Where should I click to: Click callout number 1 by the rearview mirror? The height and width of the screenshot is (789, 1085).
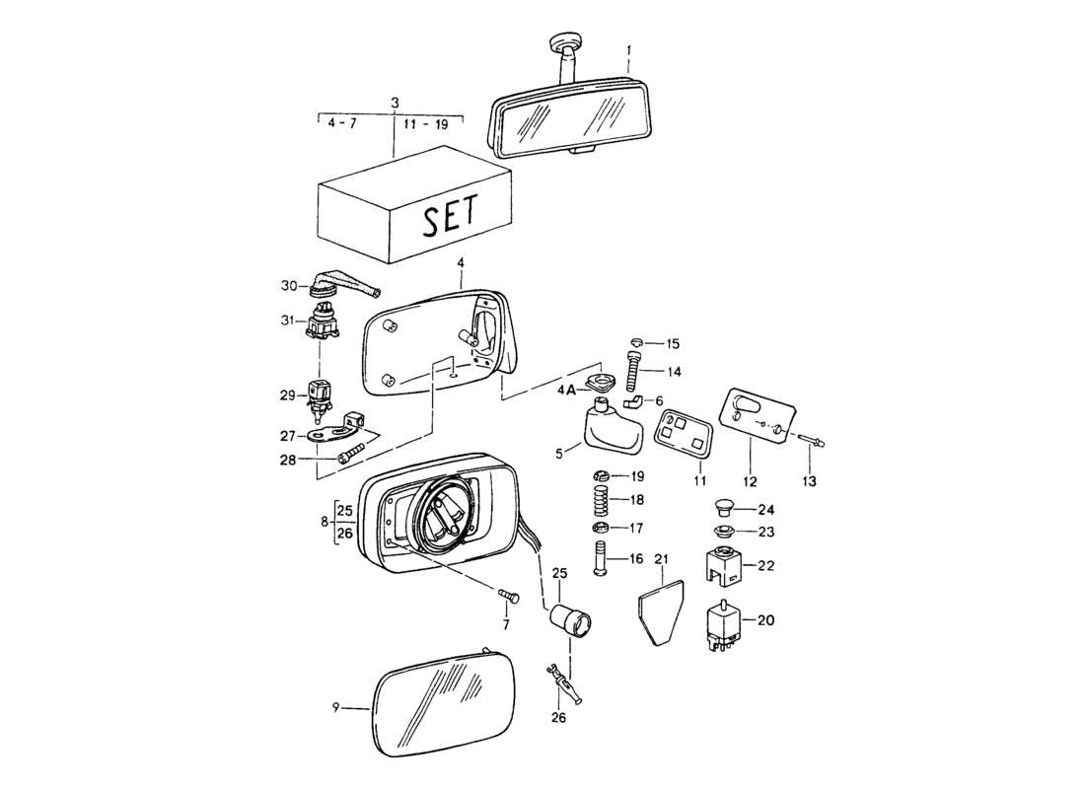[630, 48]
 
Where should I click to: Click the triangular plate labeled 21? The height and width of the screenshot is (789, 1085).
[659, 610]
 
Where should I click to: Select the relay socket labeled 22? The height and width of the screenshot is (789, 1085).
[725, 566]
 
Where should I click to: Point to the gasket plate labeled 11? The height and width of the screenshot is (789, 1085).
[684, 433]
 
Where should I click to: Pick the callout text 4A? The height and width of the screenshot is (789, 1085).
[565, 390]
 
